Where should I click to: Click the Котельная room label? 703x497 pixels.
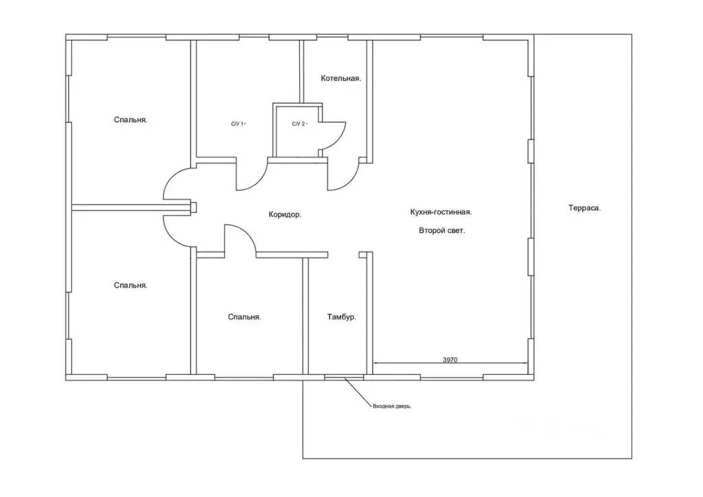coord(341,78)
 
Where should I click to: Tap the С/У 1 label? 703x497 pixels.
coord(238,124)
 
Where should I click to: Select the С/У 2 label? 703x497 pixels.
coord(299,124)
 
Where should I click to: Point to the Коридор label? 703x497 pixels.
coord(285,215)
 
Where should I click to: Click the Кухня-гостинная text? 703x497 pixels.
coord(441,212)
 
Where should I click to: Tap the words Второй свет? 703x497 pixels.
coord(441,231)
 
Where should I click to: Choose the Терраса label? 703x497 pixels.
coord(584,208)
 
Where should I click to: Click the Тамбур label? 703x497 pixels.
coord(342,317)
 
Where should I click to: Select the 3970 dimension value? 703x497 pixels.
coord(450,360)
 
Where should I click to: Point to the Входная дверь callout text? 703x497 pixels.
coord(392,406)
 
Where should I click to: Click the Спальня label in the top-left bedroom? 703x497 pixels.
coord(130,120)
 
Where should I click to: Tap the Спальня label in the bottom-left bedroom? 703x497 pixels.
coord(130,286)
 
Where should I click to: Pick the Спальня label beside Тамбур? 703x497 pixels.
coord(244,317)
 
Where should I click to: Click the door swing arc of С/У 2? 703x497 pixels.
coord(339,139)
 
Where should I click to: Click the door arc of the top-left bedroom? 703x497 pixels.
coord(171,178)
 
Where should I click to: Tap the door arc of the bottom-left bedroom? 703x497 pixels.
coord(171,236)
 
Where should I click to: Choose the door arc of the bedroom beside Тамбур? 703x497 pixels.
coord(247,233)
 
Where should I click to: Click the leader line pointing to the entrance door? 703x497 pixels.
coord(358,392)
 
